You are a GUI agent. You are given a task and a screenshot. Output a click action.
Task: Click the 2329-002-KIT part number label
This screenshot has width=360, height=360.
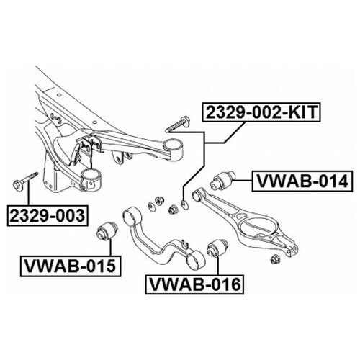(261, 112)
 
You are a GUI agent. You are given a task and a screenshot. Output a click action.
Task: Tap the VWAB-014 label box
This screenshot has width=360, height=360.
(302, 181)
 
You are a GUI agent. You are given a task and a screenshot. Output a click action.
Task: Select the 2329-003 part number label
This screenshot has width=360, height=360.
(48, 215)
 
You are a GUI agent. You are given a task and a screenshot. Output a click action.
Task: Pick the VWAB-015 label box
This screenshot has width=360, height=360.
(71, 266)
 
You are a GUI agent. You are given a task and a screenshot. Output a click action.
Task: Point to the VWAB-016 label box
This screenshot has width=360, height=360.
(194, 284)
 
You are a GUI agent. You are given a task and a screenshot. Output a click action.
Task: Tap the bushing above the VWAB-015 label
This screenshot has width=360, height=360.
(107, 230)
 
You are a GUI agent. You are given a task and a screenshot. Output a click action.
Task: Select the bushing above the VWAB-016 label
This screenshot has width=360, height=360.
(217, 248)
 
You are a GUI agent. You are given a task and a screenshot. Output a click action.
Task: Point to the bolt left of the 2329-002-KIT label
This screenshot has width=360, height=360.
(177, 124)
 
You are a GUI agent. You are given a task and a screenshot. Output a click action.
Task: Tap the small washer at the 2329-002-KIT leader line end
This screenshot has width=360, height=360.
(184, 204)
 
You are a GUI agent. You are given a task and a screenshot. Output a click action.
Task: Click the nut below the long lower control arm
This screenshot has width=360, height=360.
(274, 259)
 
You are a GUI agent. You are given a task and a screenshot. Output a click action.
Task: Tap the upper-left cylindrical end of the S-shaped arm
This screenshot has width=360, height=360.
(132, 216)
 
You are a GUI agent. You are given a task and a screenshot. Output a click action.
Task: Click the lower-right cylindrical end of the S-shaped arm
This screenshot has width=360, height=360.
(196, 260)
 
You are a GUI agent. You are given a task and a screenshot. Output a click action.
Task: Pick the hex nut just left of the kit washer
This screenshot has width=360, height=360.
(173, 210)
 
